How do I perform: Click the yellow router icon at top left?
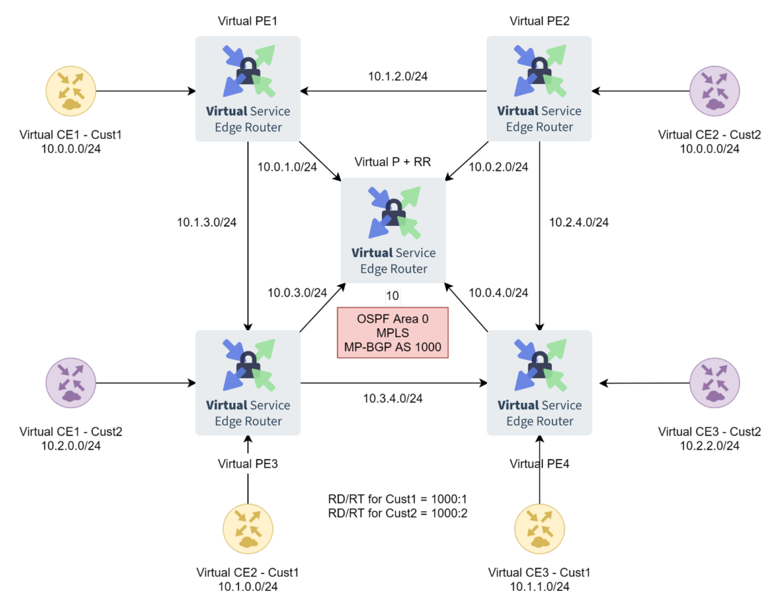pyautogui.click(x=71, y=91)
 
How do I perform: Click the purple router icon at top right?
pyautogui.click(x=715, y=91)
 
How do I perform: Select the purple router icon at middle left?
pyautogui.click(x=71, y=383)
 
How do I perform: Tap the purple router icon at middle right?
pyautogui.click(x=715, y=383)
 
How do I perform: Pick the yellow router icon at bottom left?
pyautogui.click(x=248, y=529)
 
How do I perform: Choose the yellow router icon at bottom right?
pyautogui.click(x=540, y=529)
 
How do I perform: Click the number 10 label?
pyautogui.click(x=392, y=297)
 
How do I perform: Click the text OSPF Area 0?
pyautogui.click(x=392, y=320)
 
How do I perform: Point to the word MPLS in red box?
pyautogui.click(x=392, y=333)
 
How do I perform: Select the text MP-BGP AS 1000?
pyautogui.click(x=392, y=348)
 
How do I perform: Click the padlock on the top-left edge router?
pyautogui.click(x=247, y=69)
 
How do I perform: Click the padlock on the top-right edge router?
pyautogui.click(x=539, y=69)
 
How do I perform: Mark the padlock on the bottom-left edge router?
pyautogui.click(x=247, y=363)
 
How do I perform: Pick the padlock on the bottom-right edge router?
pyautogui.click(x=539, y=363)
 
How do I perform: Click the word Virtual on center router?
pyautogui.click(x=372, y=253)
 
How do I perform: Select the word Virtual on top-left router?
pyautogui.click(x=226, y=111)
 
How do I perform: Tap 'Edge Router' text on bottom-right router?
pyautogui.click(x=540, y=421)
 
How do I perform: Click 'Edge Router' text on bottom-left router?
pyautogui.click(x=248, y=421)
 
